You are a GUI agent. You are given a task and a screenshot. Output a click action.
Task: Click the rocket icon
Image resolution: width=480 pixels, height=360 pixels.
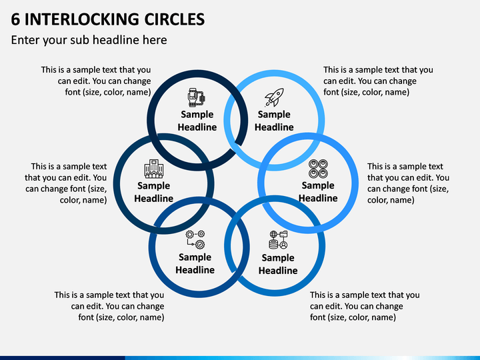274,97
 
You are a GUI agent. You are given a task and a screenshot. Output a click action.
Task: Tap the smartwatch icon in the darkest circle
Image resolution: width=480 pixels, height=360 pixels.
197,97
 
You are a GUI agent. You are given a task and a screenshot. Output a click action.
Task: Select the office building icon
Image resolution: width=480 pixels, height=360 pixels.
154,169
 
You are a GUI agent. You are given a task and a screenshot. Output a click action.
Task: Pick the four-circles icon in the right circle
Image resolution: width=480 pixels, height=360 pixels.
318,169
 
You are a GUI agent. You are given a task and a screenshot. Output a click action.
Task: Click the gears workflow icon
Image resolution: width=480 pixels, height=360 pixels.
195,240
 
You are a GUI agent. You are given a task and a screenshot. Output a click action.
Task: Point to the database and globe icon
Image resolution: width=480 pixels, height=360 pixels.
278,240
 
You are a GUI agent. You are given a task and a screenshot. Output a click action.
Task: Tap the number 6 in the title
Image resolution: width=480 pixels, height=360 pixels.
15,19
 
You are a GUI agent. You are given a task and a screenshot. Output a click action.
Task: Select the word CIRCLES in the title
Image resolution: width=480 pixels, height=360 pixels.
175,19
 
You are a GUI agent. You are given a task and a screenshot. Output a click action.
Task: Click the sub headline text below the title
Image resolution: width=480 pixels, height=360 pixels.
89,40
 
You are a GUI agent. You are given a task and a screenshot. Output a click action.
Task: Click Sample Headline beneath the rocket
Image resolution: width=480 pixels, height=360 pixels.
274,121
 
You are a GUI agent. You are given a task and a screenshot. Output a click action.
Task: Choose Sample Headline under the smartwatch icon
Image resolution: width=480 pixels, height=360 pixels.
197,121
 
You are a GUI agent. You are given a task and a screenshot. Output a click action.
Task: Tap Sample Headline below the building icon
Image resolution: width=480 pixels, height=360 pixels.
154,192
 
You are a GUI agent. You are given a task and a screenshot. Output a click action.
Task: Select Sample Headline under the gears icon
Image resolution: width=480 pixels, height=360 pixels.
195,263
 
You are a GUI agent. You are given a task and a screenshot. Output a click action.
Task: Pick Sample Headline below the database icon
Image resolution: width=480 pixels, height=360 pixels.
278,264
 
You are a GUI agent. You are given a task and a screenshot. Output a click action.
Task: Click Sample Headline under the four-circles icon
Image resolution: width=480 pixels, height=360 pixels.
318,191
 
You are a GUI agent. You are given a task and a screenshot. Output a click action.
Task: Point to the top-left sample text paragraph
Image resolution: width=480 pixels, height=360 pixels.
96,81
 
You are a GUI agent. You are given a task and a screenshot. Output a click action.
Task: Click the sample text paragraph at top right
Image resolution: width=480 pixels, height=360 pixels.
378,81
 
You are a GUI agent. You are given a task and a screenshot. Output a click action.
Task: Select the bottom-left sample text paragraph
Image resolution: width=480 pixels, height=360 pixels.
109,306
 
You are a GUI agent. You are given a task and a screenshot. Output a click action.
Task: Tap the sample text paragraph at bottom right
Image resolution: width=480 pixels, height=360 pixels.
365,306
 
